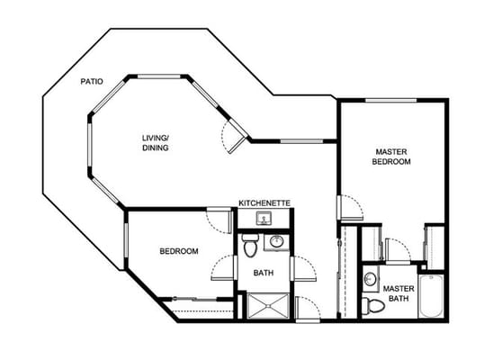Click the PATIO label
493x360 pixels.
pos(91,81)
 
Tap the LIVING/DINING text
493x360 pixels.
pos(155,143)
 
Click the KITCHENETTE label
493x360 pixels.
pos(264,203)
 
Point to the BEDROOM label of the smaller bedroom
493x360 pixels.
pos(179,251)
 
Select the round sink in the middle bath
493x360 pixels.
pos(277,241)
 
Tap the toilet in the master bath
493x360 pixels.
pos(371,306)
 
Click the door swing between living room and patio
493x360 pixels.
pos(233,137)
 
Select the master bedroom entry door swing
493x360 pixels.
pos(351,206)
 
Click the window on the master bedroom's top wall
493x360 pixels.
pos(391,99)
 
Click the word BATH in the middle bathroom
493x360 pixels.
pos(264,273)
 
